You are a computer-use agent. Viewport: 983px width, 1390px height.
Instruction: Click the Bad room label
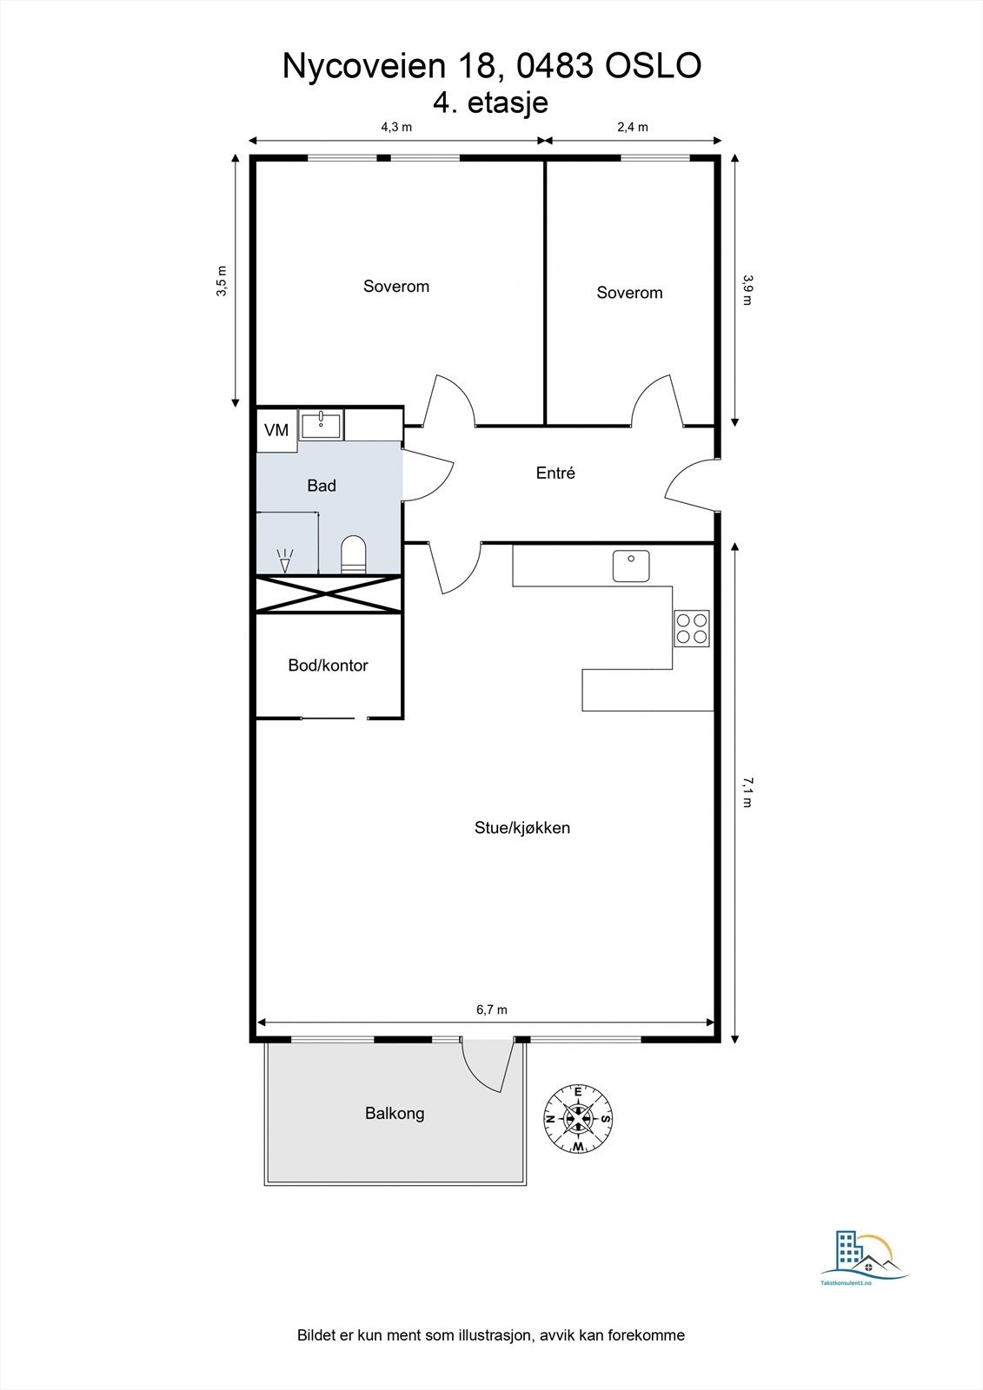[322, 486]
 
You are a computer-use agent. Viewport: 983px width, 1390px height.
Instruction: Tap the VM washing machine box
[276, 430]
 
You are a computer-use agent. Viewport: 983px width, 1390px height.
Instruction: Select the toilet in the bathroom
[354, 553]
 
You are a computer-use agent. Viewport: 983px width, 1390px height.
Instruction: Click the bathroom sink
[321, 424]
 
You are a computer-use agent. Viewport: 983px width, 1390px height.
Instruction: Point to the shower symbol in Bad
[285, 560]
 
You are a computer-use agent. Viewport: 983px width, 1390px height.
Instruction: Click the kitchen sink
[631, 566]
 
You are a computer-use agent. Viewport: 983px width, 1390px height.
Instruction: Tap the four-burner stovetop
[692, 628]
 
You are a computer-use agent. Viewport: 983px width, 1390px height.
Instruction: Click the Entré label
[555, 473]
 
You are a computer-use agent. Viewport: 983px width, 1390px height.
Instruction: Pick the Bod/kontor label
[328, 665]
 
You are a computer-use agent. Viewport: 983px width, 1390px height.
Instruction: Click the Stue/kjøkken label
[522, 827]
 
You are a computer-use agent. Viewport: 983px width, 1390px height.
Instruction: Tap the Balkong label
[395, 1113]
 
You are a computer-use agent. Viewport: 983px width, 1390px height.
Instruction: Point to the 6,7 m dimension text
[492, 1009]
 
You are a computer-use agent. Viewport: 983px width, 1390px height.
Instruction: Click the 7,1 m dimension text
[747, 791]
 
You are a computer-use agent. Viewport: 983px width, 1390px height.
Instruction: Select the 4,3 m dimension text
[396, 127]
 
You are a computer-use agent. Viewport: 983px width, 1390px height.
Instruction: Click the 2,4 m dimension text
[632, 127]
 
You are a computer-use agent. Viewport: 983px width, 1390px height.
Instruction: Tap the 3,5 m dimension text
[222, 281]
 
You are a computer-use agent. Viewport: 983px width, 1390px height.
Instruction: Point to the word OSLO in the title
[654, 66]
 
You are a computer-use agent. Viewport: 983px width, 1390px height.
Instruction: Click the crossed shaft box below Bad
[329, 594]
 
